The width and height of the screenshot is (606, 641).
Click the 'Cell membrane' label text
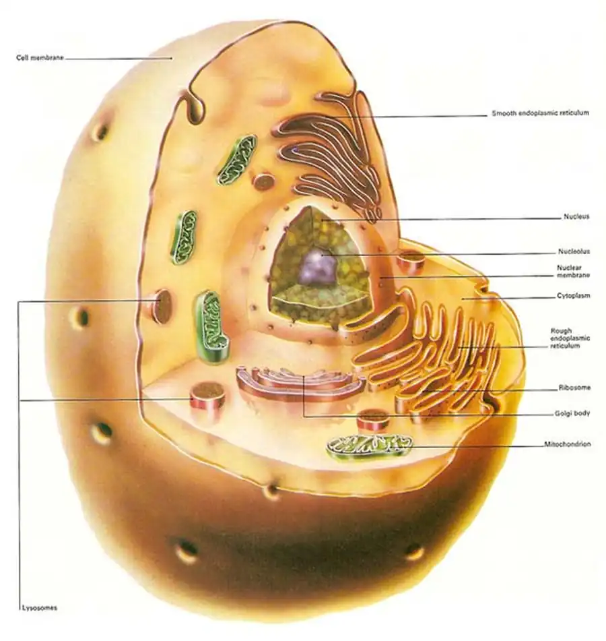(x=40, y=58)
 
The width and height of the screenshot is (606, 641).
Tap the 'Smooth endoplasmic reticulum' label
(x=540, y=113)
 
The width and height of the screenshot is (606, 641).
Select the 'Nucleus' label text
(x=576, y=216)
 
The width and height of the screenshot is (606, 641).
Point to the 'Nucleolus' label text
(x=574, y=251)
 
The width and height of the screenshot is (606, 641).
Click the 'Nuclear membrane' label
(x=573, y=272)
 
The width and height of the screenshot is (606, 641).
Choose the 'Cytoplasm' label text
(x=573, y=296)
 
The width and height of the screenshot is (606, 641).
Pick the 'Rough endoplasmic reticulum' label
(x=570, y=338)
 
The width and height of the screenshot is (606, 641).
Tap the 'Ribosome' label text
(x=574, y=388)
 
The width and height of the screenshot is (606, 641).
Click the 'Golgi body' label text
(x=572, y=413)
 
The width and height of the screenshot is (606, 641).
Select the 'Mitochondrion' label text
(x=567, y=444)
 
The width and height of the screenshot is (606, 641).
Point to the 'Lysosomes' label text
(x=39, y=608)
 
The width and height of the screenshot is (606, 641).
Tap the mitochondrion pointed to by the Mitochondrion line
(x=370, y=448)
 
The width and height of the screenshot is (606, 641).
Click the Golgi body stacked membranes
(x=301, y=384)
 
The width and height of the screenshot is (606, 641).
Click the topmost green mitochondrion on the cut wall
(x=237, y=160)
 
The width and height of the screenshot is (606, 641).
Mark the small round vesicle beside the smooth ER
(x=263, y=181)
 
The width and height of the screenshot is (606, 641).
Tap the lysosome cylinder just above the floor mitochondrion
(x=373, y=420)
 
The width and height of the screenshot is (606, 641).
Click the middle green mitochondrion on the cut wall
(x=184, y=237)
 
